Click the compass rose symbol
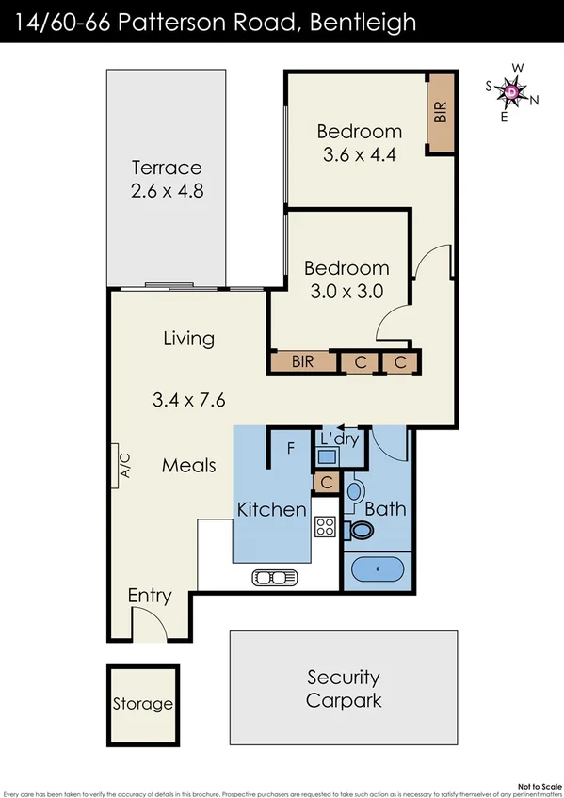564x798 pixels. coord(511,91)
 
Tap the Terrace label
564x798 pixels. coord(167,168)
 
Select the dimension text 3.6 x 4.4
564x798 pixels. coord(359,155)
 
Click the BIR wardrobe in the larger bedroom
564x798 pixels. coord(441,113)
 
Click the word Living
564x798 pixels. coord(188,338)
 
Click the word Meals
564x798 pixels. coord(188,465)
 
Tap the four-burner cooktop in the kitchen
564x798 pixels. coord(326,528)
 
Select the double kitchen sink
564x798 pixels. coord(273,577)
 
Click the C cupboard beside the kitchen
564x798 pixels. coord(325,483)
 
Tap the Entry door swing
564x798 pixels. coord(147,623)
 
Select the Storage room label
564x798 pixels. coord(143,703)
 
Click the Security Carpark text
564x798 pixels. coord(344,689)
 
